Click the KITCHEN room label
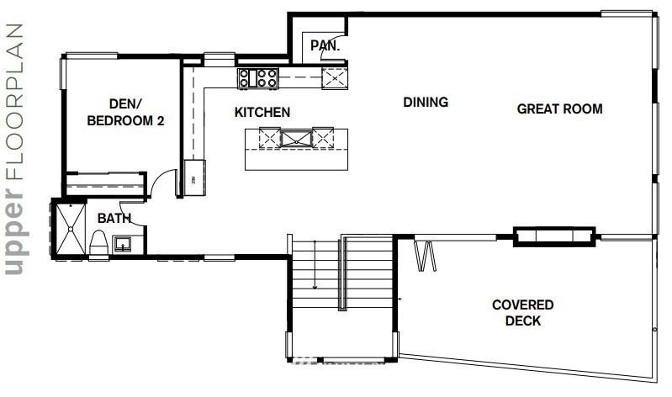click(x=262, y=113)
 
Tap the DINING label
click(x=426, y=102)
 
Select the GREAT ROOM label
click(x=559, y=109)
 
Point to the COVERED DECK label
click(x=523, y=313)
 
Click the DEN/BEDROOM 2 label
click(x=125, y=113)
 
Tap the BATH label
click(x=114, y=218)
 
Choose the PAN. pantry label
click(x=325, y=45)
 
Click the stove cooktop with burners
click(x=258, y=78)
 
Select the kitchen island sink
click(x=296, y=139)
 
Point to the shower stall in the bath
click(x=71, y=230)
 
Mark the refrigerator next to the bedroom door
click(x=194, y=177)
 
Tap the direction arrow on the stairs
click(x=315, y=264)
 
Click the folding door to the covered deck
click(x=425, y=256)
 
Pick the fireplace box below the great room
click(x=554, y=236)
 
